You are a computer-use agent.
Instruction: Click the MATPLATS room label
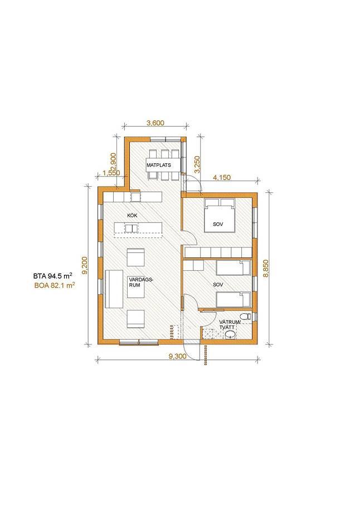(159, 165)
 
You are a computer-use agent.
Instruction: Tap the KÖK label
(133, 215)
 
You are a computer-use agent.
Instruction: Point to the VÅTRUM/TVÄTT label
(230, 324)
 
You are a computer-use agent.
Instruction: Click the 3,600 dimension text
(155, 123)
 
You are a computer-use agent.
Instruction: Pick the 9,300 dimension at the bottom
(177, 356)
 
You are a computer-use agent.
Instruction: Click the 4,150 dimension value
(221, 178)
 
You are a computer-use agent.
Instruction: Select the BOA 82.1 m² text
(55, 286)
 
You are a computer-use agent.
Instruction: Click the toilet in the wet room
(246, 316)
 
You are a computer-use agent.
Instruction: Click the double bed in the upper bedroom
(220, 215)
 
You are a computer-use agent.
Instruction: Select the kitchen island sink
(132, 229)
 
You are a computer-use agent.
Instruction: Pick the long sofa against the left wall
(114, 289)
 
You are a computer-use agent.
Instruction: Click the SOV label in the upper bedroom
(218, 224)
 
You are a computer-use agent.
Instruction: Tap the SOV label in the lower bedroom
(218, 285)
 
